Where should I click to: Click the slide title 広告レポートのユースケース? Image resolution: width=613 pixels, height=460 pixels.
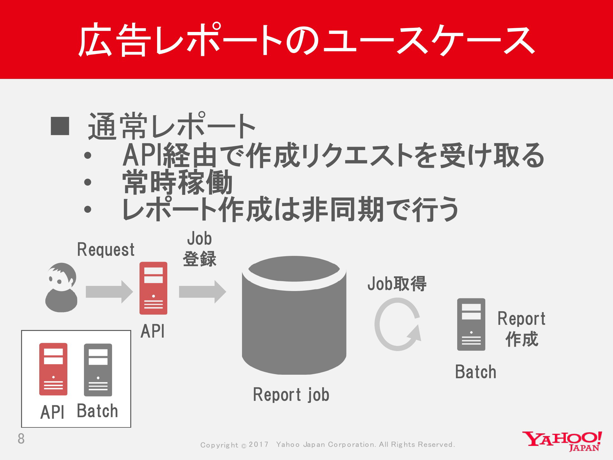(306, 40)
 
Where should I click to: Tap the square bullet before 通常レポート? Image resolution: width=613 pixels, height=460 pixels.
(60, 126)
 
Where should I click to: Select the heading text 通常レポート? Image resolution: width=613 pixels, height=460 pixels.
(172, 126)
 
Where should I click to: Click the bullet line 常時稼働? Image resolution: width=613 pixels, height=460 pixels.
(178, 182)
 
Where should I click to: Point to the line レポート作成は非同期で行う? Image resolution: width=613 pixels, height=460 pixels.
(291, 210)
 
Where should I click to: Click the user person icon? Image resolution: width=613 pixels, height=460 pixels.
(61, 287)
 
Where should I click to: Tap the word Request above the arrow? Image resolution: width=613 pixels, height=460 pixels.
(106, 249)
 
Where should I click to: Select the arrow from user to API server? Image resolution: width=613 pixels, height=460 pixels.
(109, 292)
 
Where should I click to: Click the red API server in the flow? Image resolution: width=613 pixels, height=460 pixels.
(153, 288)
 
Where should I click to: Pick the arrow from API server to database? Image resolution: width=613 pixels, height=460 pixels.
(202, 292)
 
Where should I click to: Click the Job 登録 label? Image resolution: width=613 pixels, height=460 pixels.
(200, 249)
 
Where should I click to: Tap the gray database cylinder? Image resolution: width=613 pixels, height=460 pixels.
(294, 315)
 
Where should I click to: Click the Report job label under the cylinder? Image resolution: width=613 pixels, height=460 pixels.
(291, 395)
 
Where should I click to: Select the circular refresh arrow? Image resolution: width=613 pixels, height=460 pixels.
(398, 324)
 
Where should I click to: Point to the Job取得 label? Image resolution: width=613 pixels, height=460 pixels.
(397, 283)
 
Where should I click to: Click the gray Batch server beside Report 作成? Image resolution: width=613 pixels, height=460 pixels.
(471, 325)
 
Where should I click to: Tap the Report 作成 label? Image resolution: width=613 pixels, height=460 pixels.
(522, 329)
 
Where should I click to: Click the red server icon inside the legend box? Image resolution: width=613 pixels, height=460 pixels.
(53, 369)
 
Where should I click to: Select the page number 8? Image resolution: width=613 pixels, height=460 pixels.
(21, 439)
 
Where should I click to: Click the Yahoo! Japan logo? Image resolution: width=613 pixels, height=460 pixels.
(562, 441)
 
